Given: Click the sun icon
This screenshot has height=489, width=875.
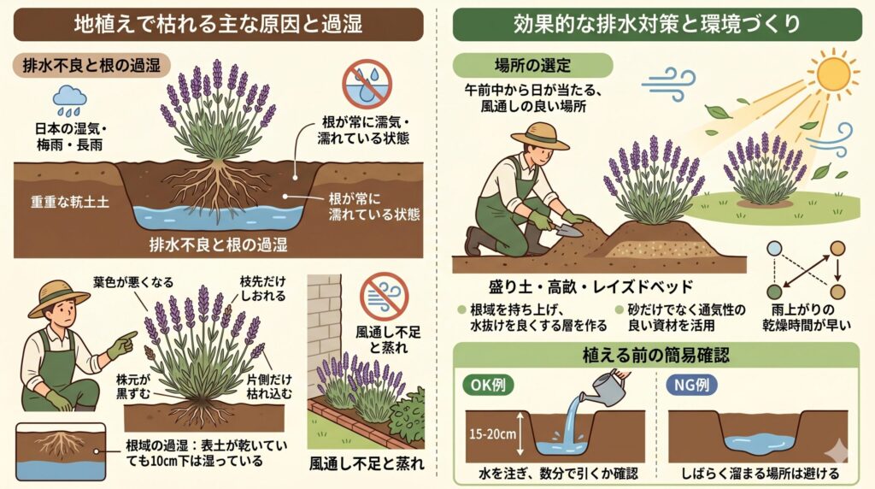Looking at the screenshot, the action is (x=833, y=74).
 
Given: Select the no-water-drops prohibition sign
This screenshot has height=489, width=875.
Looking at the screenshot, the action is (x=367, y=84).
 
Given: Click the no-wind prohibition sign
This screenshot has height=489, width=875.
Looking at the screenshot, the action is (x=384, y=297).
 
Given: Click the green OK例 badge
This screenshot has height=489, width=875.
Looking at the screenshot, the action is (x=489, y=386).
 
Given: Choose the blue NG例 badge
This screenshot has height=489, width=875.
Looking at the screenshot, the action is (x=692, y=386).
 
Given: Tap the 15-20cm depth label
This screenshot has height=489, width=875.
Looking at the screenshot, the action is (x=493, y=433).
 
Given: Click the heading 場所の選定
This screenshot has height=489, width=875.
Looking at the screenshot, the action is (x=532, y=65).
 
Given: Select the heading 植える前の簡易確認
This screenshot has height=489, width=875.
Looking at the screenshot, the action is (x=655, y=355).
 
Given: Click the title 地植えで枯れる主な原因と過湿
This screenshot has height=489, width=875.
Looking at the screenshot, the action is (x=218, y=24).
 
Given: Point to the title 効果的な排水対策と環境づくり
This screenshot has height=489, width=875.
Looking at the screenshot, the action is (x=657, y=24).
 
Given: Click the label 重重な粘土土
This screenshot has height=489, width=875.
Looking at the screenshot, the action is (x=70, y=202).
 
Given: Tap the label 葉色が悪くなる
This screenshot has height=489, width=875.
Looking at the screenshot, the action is (x=133, y=282).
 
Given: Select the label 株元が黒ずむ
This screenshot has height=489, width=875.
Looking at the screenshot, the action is (x=132, y=386).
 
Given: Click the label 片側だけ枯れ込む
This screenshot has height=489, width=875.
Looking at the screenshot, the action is (x=269, y=386).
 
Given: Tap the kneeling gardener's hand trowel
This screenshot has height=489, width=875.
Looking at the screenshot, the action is (x=565, y=229).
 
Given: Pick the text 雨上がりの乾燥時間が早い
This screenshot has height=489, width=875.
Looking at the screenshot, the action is (x=807, y=318).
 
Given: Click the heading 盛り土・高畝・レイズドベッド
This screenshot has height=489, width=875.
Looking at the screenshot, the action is (x=591, y=287).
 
